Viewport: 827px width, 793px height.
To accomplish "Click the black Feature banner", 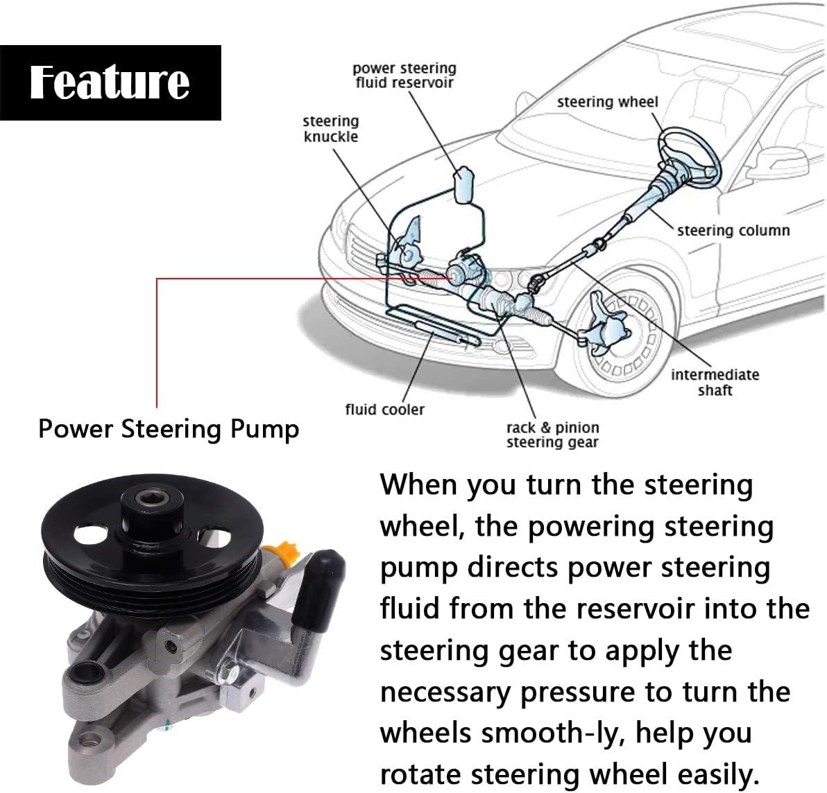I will pos(110,82).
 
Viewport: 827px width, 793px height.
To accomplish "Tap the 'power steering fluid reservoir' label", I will pos(404,76).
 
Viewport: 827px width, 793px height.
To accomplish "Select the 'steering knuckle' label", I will pos(331,129).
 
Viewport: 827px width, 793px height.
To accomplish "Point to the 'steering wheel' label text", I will pos(607,102).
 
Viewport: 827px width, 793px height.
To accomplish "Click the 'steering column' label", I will pos(733,230).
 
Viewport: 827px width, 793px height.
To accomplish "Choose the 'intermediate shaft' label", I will pos(715,382).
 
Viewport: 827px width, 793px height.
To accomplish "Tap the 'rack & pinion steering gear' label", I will pos(552,435).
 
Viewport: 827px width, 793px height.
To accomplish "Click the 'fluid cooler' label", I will pos(384,409).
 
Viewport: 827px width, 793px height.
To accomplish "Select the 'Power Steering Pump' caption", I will pos(169,429).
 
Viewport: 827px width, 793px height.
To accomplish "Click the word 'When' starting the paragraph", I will pos(418,484).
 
